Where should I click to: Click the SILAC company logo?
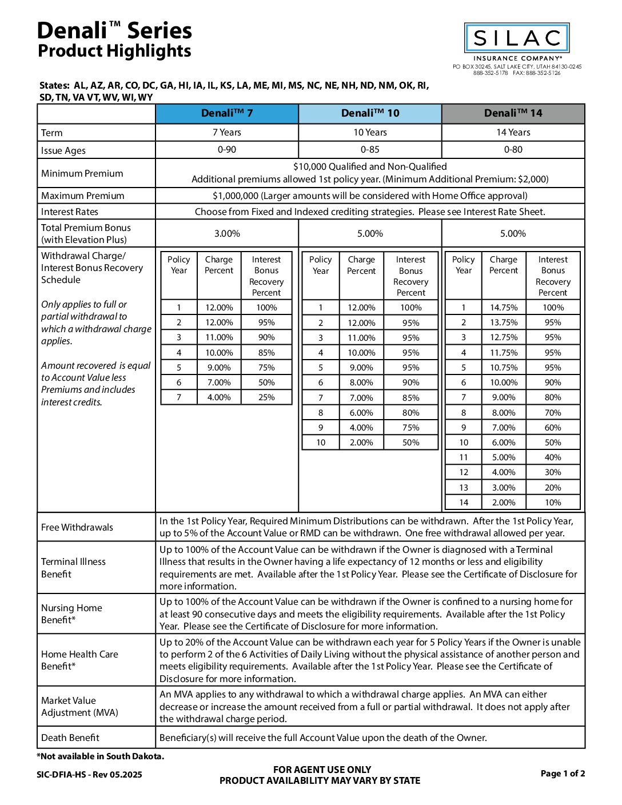tap(517, 39)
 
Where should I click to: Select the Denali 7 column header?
tap(227, 113)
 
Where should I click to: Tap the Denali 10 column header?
tap(370, 113)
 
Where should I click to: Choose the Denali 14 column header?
tap(513, 113)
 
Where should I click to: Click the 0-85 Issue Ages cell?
tap(370, 150)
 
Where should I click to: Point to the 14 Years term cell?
tap(513, 133)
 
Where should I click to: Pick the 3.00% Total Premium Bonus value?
tap(227, 234)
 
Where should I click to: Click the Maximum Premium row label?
tap(82, 196)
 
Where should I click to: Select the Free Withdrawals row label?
tap(77, 527)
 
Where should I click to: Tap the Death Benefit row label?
tap(70, 738)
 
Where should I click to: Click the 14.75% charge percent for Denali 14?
tap(504, 308)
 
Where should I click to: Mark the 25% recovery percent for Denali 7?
tap(266, 397)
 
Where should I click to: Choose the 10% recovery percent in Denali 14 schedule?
tap(553, 503)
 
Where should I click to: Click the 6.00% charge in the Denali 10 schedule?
tap(361, 413)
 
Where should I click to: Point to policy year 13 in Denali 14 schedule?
tap(464, 488)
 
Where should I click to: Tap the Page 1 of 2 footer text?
tap(563, 774)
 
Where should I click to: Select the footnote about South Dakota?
tap(101, 756)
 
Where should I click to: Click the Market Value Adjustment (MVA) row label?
tap(79, 707)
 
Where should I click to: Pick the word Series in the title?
tap(160, 30)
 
